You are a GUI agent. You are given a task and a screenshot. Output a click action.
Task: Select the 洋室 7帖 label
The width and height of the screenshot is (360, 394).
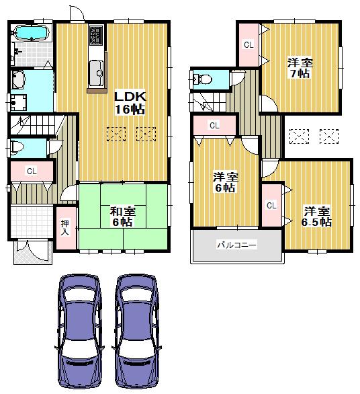[299, 68]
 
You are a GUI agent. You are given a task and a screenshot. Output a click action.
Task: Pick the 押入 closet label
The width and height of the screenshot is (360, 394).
[65, 228]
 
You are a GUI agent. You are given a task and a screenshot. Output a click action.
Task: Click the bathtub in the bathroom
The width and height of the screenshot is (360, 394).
[30, 33]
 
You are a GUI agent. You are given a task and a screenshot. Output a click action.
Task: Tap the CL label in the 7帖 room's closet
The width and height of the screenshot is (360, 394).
[249, 45]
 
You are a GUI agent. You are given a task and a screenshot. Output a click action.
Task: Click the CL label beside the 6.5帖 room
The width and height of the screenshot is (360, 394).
[271, 205]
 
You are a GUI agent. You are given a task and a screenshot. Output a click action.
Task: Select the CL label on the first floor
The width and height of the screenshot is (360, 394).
[31, 171]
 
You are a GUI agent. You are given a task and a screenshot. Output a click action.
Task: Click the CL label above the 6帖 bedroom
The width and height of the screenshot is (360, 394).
[214, 125]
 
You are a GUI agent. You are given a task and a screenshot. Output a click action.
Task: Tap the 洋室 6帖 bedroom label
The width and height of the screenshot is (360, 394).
[225, 182]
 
